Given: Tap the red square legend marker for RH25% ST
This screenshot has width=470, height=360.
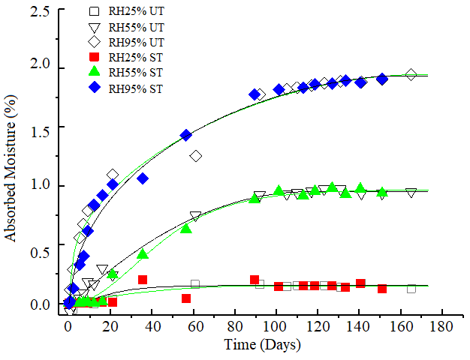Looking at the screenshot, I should [x=94, y=58].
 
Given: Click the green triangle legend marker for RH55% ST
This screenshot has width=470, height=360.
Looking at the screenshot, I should [x=94, y=73].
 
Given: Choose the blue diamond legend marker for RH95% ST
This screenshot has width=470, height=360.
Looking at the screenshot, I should [x=94, y=88].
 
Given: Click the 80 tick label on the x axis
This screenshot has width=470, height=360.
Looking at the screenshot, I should [x=237, y=328].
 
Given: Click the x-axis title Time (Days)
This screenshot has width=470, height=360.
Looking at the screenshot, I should [x=262, y=345].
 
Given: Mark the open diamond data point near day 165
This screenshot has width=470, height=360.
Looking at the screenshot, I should [x=411, y=74].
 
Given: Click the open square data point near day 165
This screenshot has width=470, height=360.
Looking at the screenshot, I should [x=411, y=289].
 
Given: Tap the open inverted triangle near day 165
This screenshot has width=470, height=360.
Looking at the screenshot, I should [x=411, y=193].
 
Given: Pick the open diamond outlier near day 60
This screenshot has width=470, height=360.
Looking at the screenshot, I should [x=196, y=156].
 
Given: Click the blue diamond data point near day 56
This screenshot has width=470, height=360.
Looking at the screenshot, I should [x=186, y=135].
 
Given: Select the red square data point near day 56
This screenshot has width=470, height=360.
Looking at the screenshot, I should [x=186, y=298].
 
